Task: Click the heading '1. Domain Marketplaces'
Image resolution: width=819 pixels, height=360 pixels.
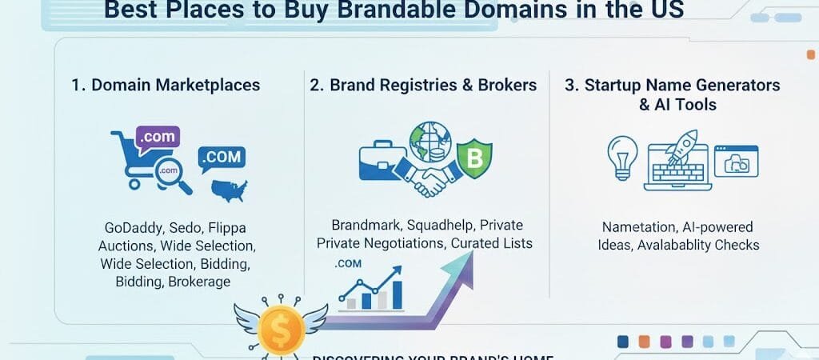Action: click(x=166, y=85)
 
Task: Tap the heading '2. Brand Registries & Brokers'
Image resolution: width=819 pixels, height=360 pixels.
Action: click(x=423, y=85)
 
